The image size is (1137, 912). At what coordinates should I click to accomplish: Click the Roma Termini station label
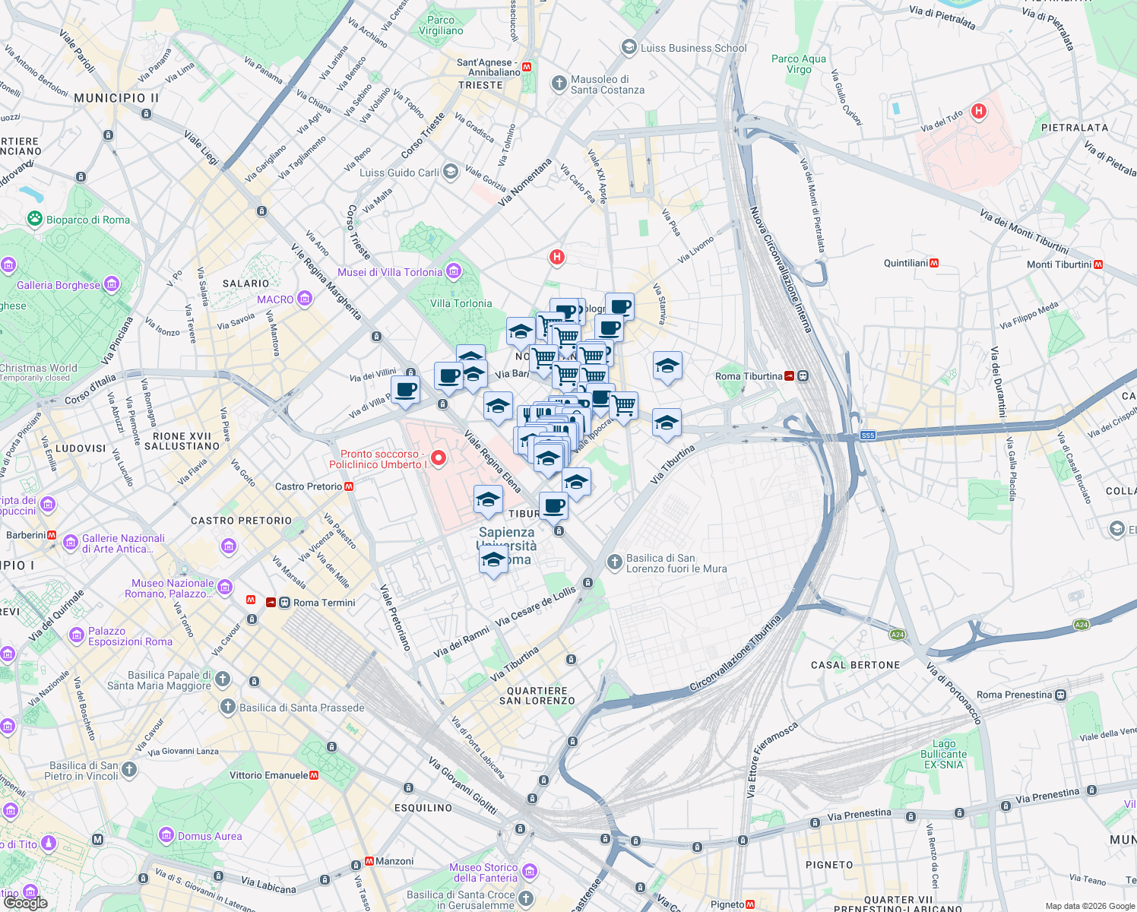[324, 603]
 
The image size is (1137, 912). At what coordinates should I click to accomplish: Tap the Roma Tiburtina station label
[749, 376]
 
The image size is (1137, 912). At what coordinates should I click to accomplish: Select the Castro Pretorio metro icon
[349, 486]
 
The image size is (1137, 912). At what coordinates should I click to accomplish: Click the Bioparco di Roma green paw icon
[35, 219]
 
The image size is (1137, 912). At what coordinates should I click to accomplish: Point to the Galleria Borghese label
[59, 285]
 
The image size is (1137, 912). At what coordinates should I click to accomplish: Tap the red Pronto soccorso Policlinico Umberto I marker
[439, 458]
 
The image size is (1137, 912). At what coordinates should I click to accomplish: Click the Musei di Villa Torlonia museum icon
[454, 271]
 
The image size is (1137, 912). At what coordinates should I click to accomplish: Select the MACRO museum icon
[305, 299]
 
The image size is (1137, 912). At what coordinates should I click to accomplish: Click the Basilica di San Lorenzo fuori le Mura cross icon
[614, 562]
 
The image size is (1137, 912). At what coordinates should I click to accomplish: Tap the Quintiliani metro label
[906, 263]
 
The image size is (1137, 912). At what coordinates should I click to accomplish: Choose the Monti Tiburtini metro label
[1059, 264]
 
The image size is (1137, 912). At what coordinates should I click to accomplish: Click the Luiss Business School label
[693, 48]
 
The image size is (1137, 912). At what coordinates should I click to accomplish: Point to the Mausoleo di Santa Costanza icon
[559, 84]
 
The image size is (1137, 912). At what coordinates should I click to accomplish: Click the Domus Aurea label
[210, 836]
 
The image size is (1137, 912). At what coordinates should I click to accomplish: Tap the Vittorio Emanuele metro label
[269, 775]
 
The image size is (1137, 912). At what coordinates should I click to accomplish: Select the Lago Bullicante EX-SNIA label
[944, 754]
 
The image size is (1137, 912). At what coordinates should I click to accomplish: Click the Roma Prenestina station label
[1014, 695]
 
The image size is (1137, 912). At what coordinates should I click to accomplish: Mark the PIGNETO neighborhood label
[829, 865]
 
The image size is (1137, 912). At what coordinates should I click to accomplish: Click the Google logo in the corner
[25, 903]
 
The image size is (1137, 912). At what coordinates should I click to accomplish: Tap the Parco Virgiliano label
[441, 26]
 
